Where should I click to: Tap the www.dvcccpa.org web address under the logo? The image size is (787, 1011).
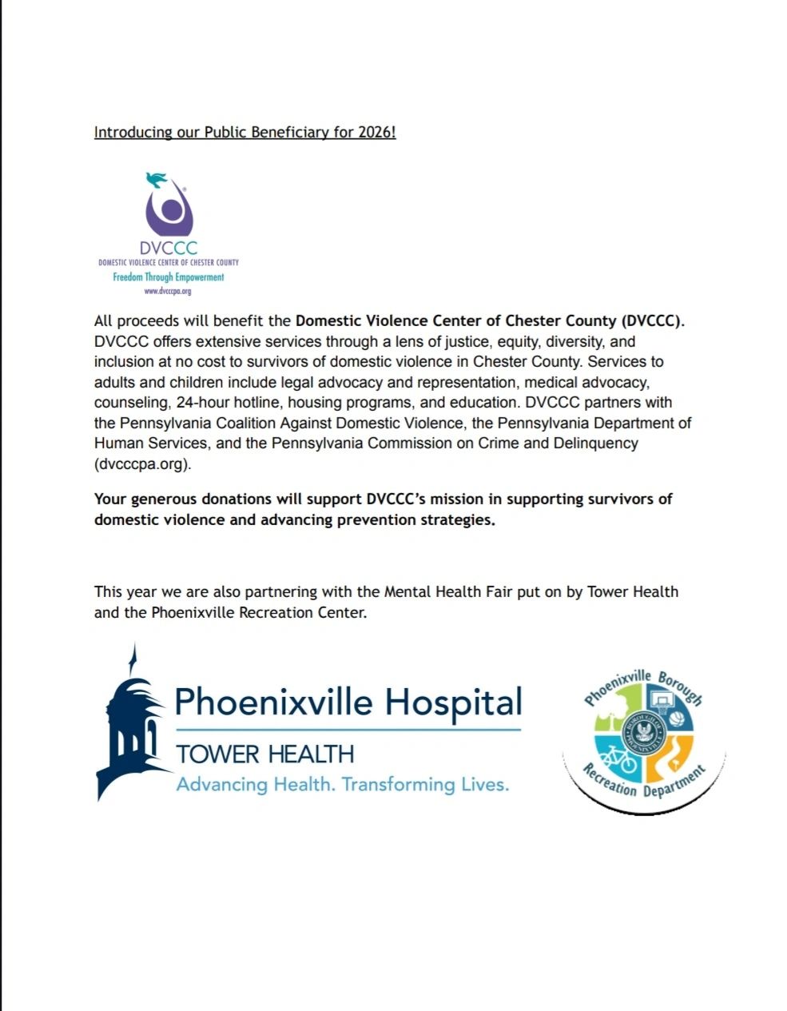[168, 291]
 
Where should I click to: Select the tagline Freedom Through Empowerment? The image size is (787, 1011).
[168, 277]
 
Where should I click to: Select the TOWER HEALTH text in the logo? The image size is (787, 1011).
[264, 754]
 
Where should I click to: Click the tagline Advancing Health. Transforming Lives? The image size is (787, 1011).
[342, 784]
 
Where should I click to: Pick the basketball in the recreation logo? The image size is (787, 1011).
[678, 718]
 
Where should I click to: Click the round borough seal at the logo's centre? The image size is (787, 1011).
[644, 733]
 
